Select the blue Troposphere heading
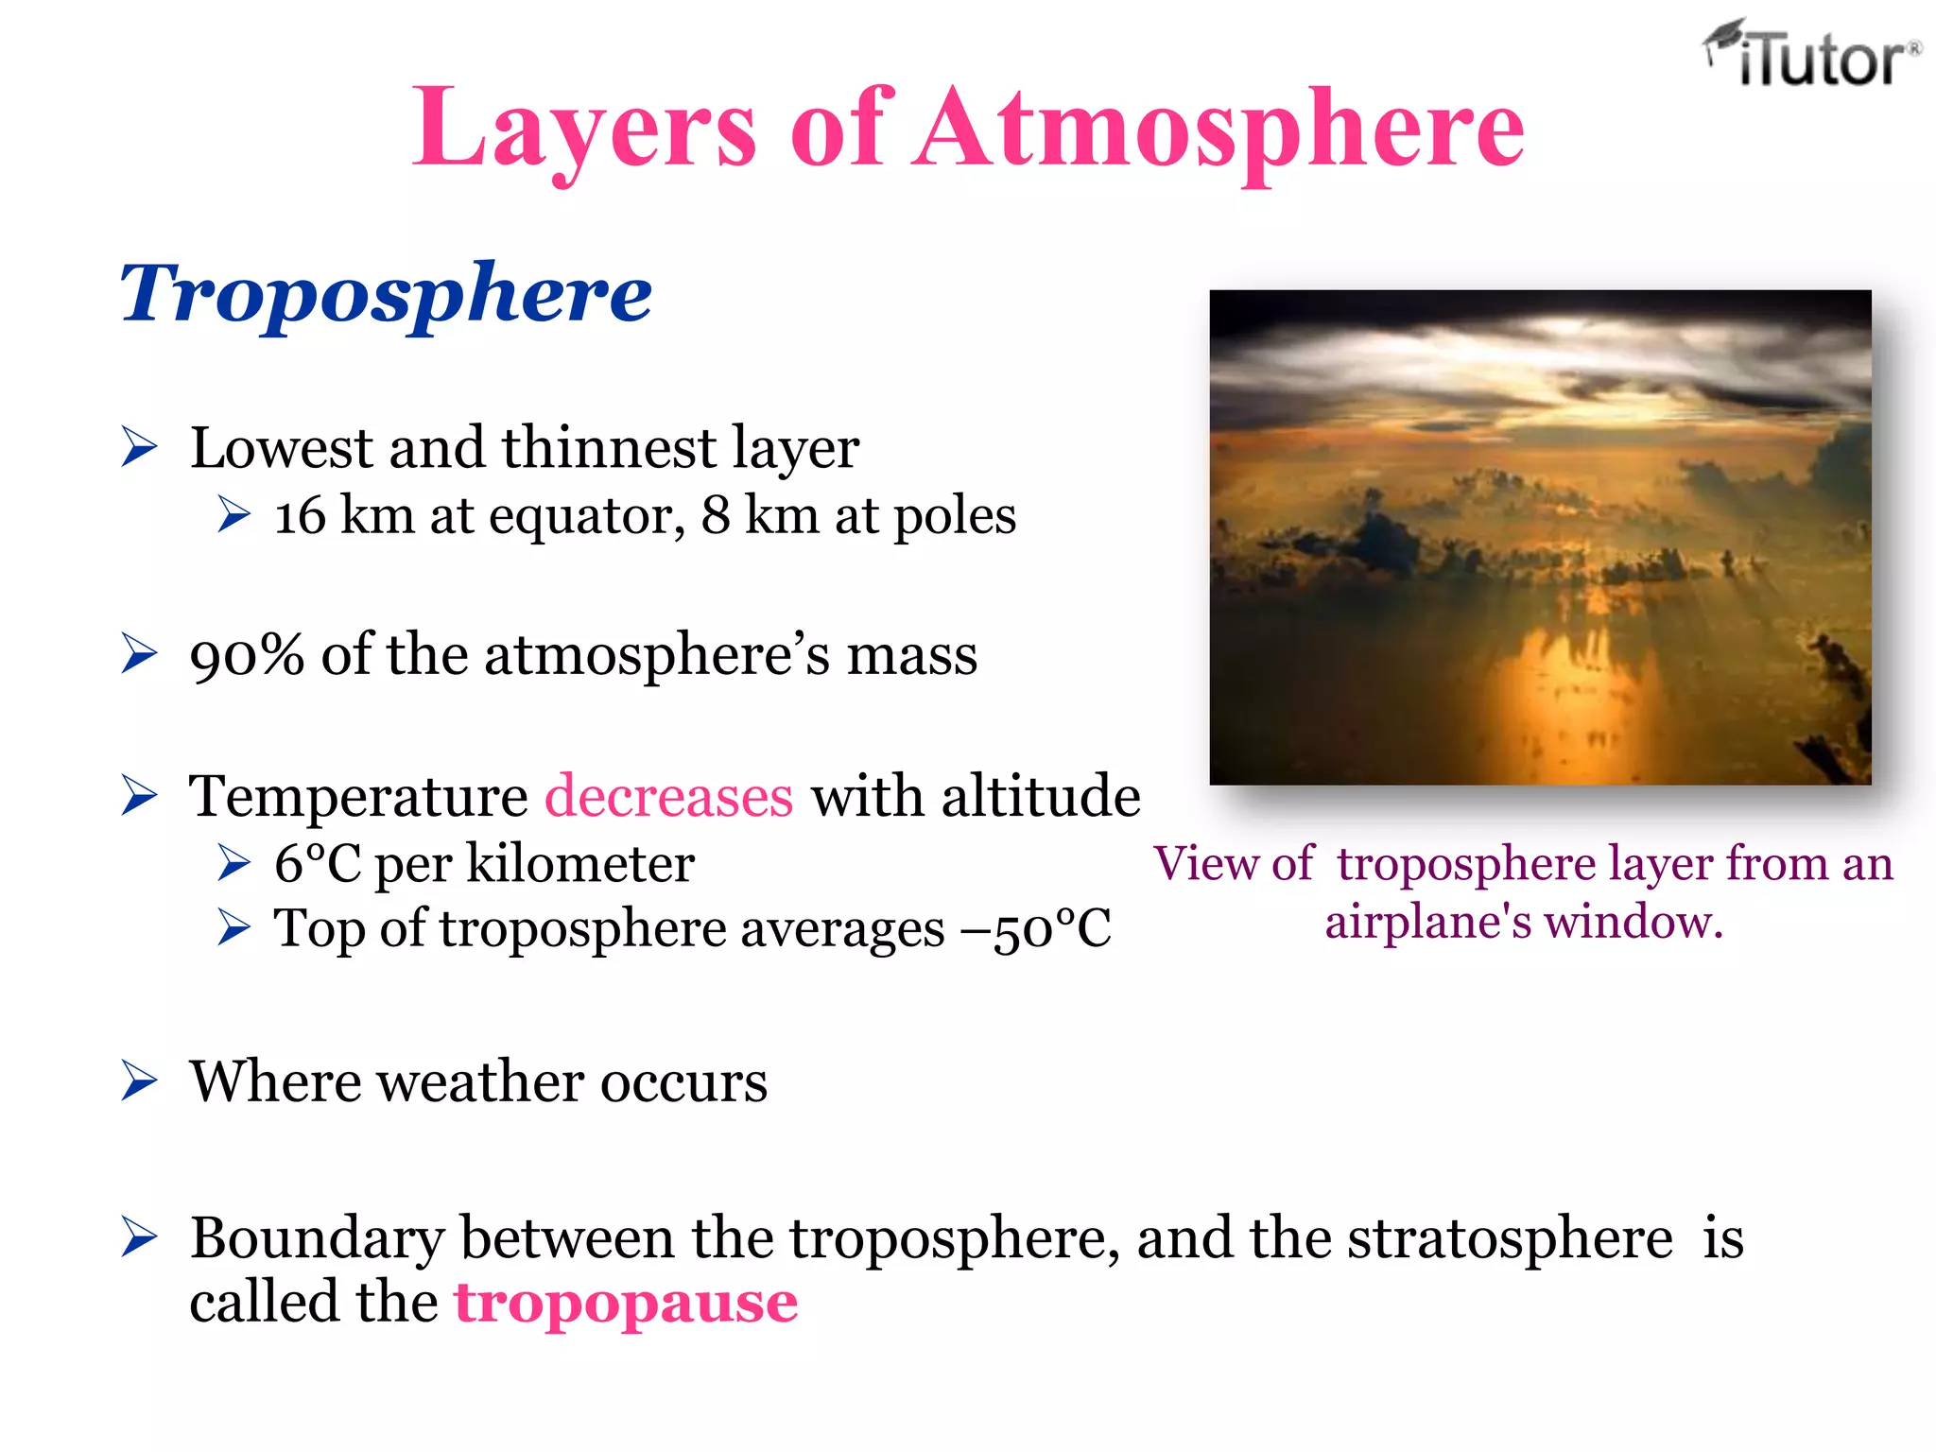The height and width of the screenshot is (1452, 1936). point(386,293)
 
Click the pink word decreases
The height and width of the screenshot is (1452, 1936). point(668,796)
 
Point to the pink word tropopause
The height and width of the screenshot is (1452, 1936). point(626,1303)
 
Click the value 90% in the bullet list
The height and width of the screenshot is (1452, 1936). point(247,654)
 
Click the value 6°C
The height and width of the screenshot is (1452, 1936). point(318,863)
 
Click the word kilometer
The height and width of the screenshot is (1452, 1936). point(580,863)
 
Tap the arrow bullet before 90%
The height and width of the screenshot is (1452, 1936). point(139,654)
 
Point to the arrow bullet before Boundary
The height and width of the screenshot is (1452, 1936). point(139,1237)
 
